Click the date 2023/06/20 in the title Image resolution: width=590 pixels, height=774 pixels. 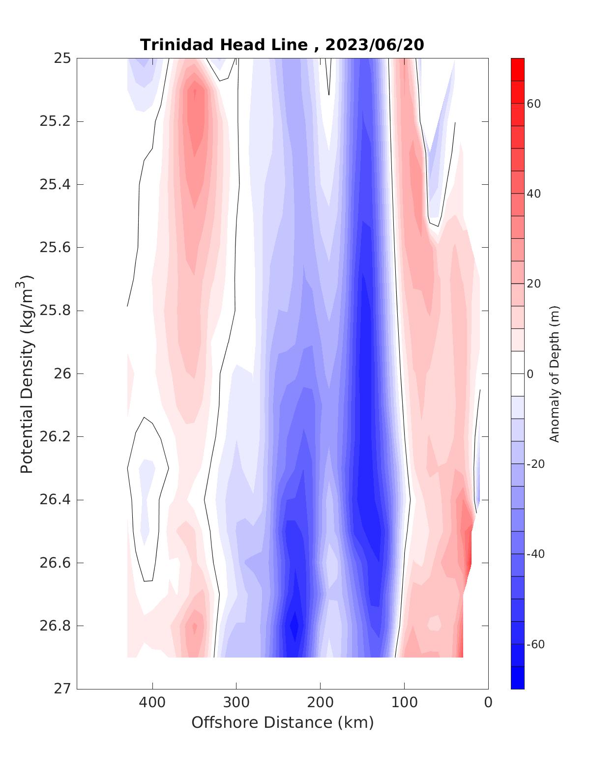tap(375, 45)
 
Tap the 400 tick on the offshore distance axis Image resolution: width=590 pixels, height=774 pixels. tap(152, 703)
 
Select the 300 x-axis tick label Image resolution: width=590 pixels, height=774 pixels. tap(236, 703)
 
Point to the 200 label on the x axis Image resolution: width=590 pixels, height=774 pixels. tap(321, 703)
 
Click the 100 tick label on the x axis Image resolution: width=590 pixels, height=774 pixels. tap(405, 703)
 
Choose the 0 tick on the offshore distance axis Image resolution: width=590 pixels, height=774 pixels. tap(488, 703)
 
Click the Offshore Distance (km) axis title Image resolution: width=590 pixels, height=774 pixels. tap(283, 723)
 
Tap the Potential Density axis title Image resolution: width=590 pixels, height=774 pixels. tap(27, 373)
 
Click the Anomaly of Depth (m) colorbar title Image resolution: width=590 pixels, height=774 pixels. tap(555, 374)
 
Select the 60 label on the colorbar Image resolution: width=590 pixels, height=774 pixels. tap(534, 104)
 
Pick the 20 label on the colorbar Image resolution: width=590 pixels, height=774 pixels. tap(534, 284)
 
